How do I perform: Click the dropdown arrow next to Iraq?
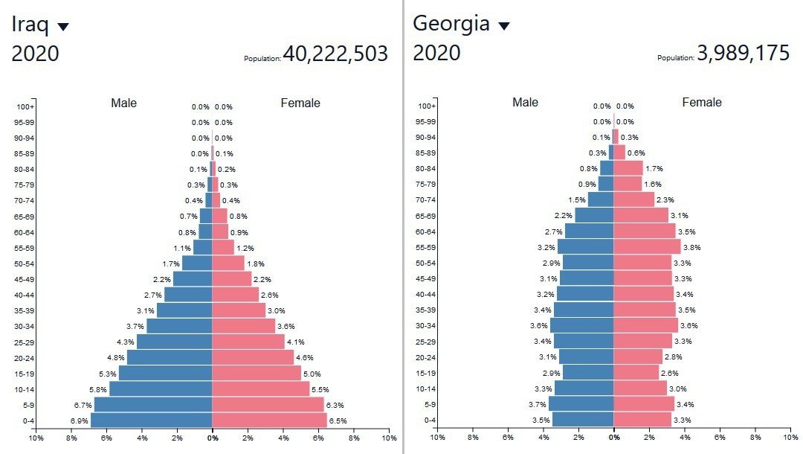(63, 27)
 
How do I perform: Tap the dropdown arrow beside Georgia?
(504, 26)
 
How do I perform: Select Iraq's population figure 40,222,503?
(335, 54)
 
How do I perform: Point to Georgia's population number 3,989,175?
(743, 54)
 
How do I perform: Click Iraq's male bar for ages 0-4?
(152, 421)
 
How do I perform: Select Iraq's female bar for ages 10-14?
(261, 389)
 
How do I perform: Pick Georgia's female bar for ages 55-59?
(647, 247)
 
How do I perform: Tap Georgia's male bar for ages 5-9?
(581, 405)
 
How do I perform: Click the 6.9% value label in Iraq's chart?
(80, 421)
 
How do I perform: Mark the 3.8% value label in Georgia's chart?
(691, 248)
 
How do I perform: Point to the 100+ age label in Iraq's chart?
(24, 107)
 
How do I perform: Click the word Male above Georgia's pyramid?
(525, 103)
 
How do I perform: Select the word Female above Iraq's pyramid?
(300, 103)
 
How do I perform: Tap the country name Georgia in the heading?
(451, 24)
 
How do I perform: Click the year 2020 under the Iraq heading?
(35, 54)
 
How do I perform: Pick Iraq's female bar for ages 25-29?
(248, 342)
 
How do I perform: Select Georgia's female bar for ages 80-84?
(628, 169)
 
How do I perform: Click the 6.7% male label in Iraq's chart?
(83, 406)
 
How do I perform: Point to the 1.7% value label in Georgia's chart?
(654, 169)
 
